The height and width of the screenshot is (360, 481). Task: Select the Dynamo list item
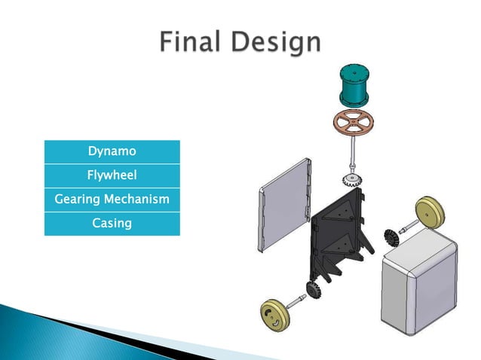(x=112, y=151)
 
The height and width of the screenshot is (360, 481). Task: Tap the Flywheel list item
(x=112, y=175)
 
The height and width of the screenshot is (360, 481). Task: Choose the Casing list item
(x=112, y=224)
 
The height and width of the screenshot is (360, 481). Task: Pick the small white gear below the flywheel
(x=352, y=180)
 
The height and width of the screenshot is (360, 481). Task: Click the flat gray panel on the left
(x=285, y=203)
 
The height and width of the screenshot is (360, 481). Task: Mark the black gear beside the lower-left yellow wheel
(x=312, y=290)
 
